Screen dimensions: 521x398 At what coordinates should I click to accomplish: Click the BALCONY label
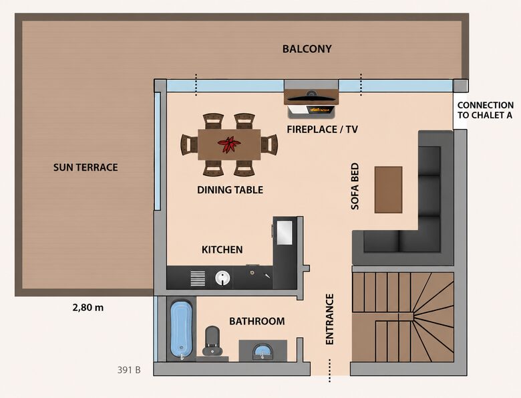(307, 49)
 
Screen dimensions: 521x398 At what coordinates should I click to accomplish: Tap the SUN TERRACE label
(85, 167)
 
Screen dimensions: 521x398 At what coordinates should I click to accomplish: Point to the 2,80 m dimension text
(88, 308)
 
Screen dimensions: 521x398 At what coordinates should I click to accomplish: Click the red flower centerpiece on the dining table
(229, 144)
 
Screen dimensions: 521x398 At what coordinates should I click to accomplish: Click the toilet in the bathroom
(212, 340)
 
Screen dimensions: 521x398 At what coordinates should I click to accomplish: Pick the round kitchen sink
(222, 278)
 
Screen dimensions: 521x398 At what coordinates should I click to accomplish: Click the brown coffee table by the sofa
(389, 190)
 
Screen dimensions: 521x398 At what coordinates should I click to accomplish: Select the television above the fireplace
(311, 97)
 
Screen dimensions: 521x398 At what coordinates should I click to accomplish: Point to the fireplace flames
(321, 109)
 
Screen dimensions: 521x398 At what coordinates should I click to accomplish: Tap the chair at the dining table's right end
(269, 144)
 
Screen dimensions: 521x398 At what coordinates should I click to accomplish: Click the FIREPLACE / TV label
(323, 129)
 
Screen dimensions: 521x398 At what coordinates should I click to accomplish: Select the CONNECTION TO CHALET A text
(486, 110)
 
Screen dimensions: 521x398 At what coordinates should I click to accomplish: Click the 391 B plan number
(129, 370)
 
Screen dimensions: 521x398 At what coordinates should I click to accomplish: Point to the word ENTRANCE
(329, 319)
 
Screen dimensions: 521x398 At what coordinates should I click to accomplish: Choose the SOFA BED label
(355, 186)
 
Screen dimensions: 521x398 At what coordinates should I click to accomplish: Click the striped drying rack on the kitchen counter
(198, 278)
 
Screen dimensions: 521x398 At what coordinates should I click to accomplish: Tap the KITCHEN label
(222, 250)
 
